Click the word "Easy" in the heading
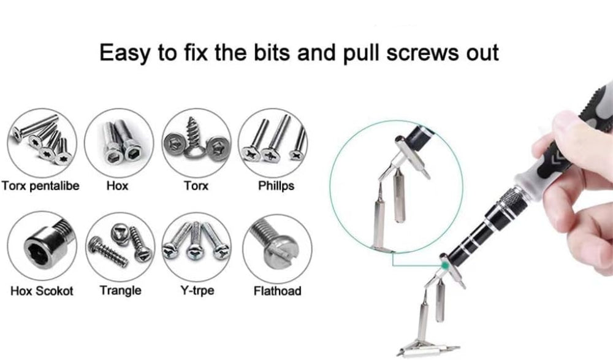click(124, 53)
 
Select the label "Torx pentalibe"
click(40, 185)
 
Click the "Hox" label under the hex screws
click(117, 185)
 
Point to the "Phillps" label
click(276, 185)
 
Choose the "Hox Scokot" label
click(42, 291)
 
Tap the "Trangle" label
click(120, 290)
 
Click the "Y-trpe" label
click(197, 290)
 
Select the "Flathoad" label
click(277, 291)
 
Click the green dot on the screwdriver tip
click(445, 266)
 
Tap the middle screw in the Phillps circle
click(276, 139)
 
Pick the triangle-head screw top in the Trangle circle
click(120, 234)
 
